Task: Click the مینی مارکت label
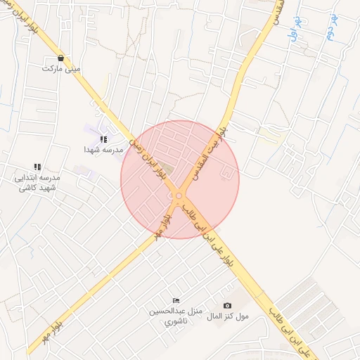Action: click(61, 70)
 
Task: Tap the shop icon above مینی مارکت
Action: click(61, 58)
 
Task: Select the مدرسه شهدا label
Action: click(103, 150)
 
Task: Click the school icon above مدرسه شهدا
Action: click(103, 139)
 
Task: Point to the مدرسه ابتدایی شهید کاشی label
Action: click(37, 183)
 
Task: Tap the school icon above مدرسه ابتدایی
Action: click(37, 167)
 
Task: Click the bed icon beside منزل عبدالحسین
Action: click(176, 300)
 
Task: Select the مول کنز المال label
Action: click(231, 316)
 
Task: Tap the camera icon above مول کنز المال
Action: click(227, 305)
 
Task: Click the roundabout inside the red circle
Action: click(179, 195)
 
